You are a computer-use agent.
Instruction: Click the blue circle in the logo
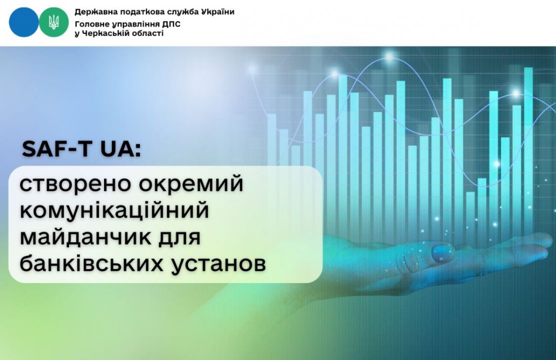coord(24,22)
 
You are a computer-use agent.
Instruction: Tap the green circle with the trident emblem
coord(54,22)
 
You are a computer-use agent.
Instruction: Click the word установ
coord(218,264)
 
